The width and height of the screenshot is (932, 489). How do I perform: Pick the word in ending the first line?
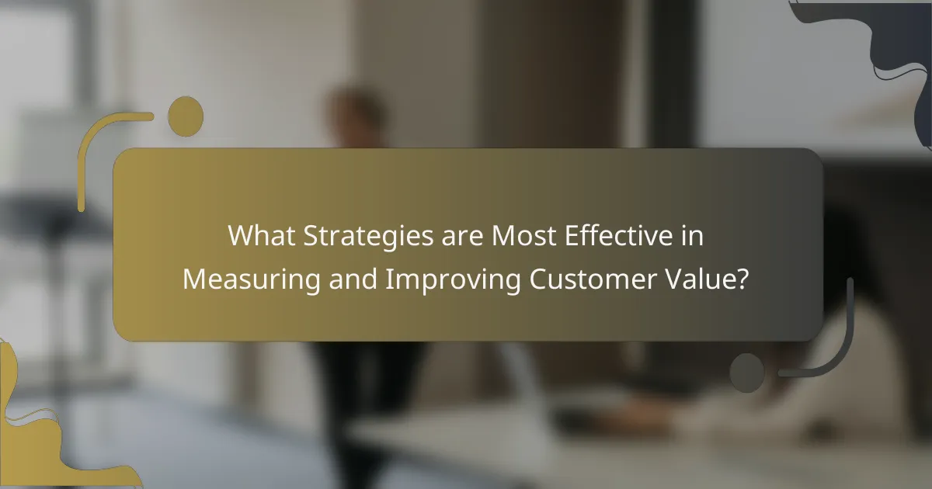tap(691, 236)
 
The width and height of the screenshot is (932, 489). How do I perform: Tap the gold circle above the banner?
tap(186, 115)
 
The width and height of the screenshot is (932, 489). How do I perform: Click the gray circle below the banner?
tap(747, 372)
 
